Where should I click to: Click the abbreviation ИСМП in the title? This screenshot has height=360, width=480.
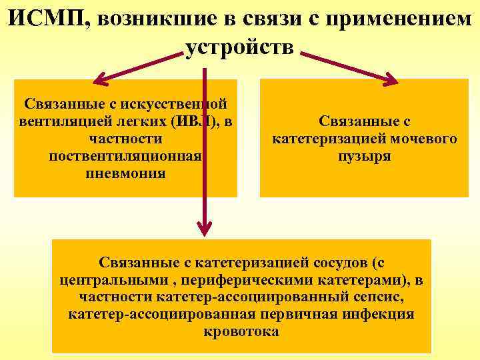(x=47, y=18)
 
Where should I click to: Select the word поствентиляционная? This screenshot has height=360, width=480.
(x=125, y=156)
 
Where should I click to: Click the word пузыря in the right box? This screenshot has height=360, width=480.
(x=364, y=156)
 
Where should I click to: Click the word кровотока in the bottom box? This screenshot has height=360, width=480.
(x=241, y=331)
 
